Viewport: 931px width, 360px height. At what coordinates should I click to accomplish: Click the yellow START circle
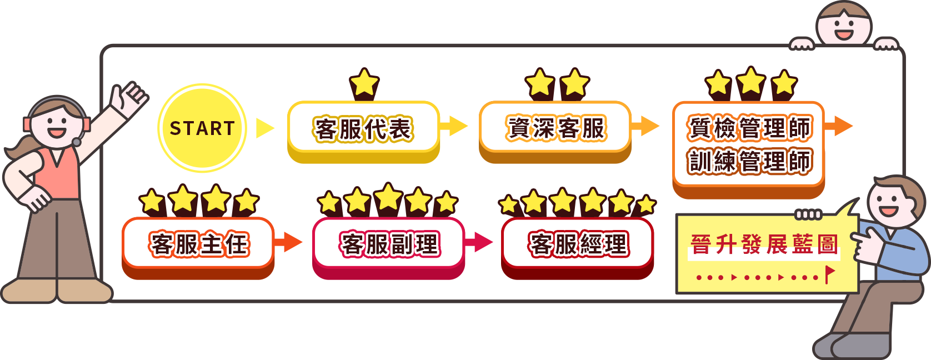[x=202, y=128]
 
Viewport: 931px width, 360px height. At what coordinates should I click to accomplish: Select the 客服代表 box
[x=363, y=129]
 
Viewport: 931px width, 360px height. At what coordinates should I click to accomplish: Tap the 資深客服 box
[x=555, y=128]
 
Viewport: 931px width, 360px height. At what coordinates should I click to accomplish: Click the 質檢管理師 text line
[x=749, y=128]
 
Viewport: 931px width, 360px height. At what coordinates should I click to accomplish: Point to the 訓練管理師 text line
[x=749, y=162]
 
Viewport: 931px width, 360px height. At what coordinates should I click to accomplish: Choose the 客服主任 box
[x=198, y=244]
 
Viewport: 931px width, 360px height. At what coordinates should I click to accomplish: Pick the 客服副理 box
[x=389, y=244]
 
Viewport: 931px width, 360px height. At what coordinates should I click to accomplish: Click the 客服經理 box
[x=578, y=244]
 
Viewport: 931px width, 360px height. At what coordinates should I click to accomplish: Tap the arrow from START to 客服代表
[x=265, y=128]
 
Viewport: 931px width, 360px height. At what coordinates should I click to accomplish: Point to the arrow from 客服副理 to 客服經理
[x=480, y=242]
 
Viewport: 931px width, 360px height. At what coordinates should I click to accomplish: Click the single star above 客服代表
[x=364, y=83]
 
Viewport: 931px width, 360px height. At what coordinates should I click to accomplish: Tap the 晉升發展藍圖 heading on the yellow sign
[x=764, y=244]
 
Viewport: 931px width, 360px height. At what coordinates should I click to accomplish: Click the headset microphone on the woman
[x=77, y=142]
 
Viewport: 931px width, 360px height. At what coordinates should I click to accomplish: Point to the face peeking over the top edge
[x=844, y=25]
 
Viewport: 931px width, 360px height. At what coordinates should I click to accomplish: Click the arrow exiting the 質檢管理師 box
[x=840, y=126]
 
